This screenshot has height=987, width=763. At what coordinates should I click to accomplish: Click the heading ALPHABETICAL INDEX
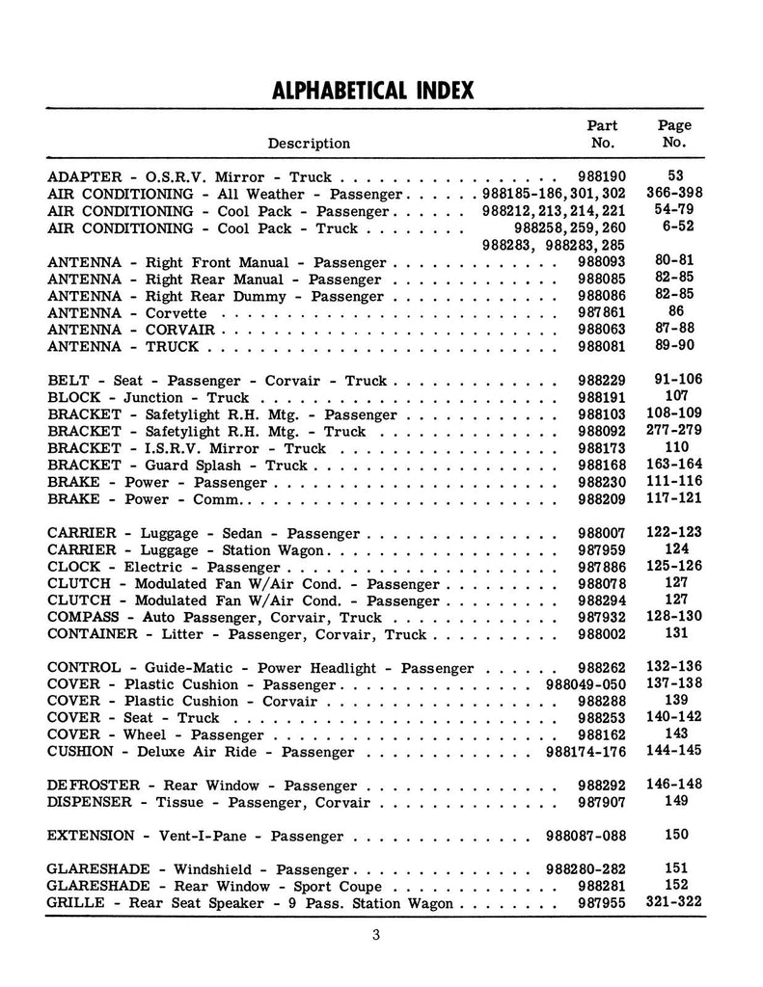click(x=373, y=91)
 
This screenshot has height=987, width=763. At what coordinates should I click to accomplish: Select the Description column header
click(x=309, y=144)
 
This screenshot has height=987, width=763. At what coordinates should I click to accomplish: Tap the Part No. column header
click(x=602, y=134)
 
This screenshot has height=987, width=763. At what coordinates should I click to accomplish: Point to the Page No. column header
click(x=674, y=134)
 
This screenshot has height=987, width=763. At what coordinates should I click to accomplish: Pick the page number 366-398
click(x=674, y=194)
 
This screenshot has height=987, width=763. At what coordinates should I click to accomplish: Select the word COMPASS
click(x=83, y=618)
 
